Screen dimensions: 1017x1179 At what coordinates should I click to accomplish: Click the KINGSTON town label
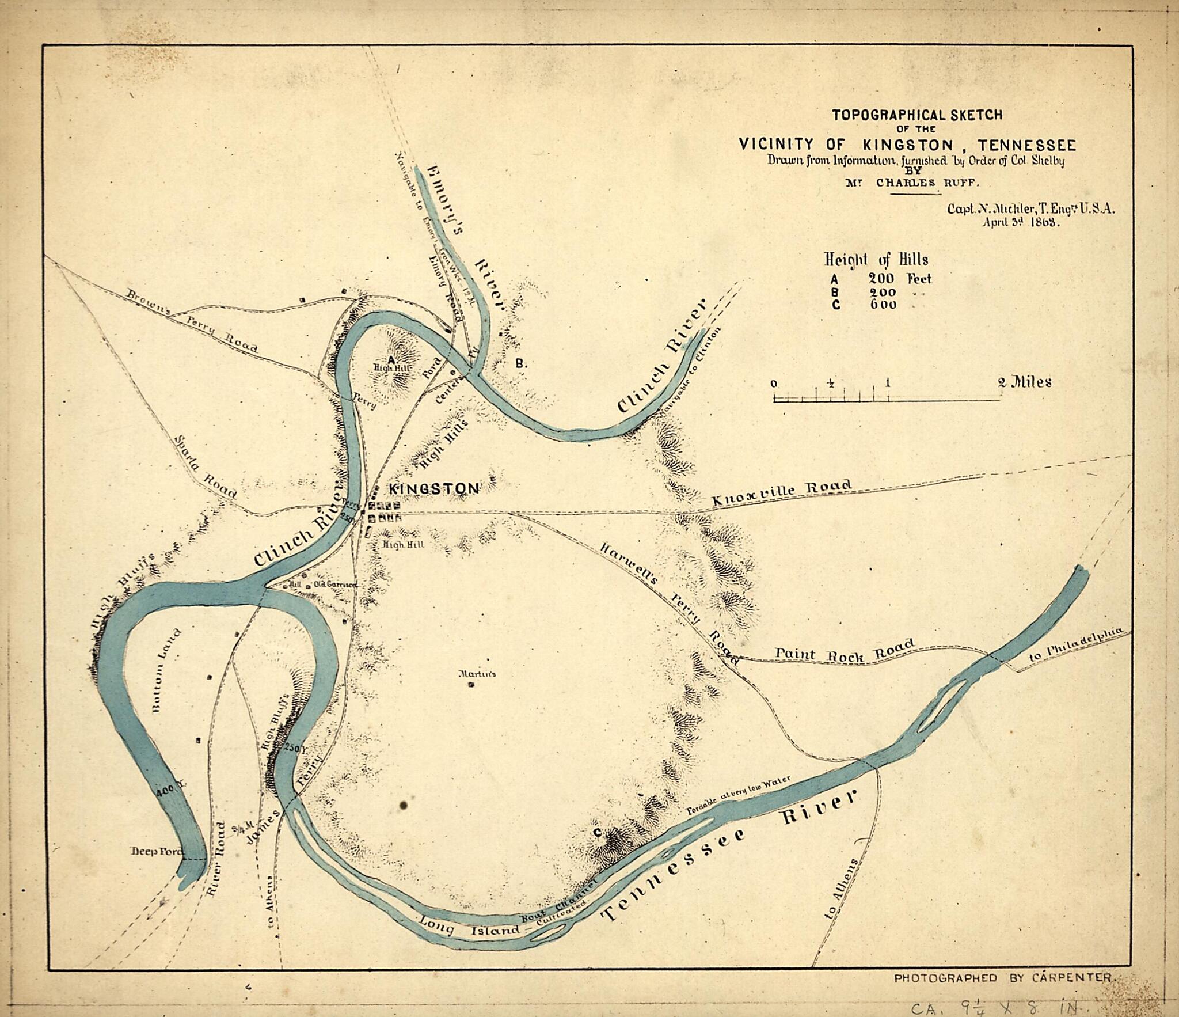pos(434,489)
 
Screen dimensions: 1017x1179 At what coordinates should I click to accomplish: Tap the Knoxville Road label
pos(781,493)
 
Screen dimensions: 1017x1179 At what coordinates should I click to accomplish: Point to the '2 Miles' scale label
pos(1024,382)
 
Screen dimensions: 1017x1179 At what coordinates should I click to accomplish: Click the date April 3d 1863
pos(1021,223)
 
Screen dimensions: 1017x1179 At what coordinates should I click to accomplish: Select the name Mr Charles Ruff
pos(911,183)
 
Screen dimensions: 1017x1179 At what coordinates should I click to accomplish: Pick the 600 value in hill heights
pos(883,305)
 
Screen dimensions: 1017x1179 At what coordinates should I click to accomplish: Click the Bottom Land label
pos(167,671)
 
